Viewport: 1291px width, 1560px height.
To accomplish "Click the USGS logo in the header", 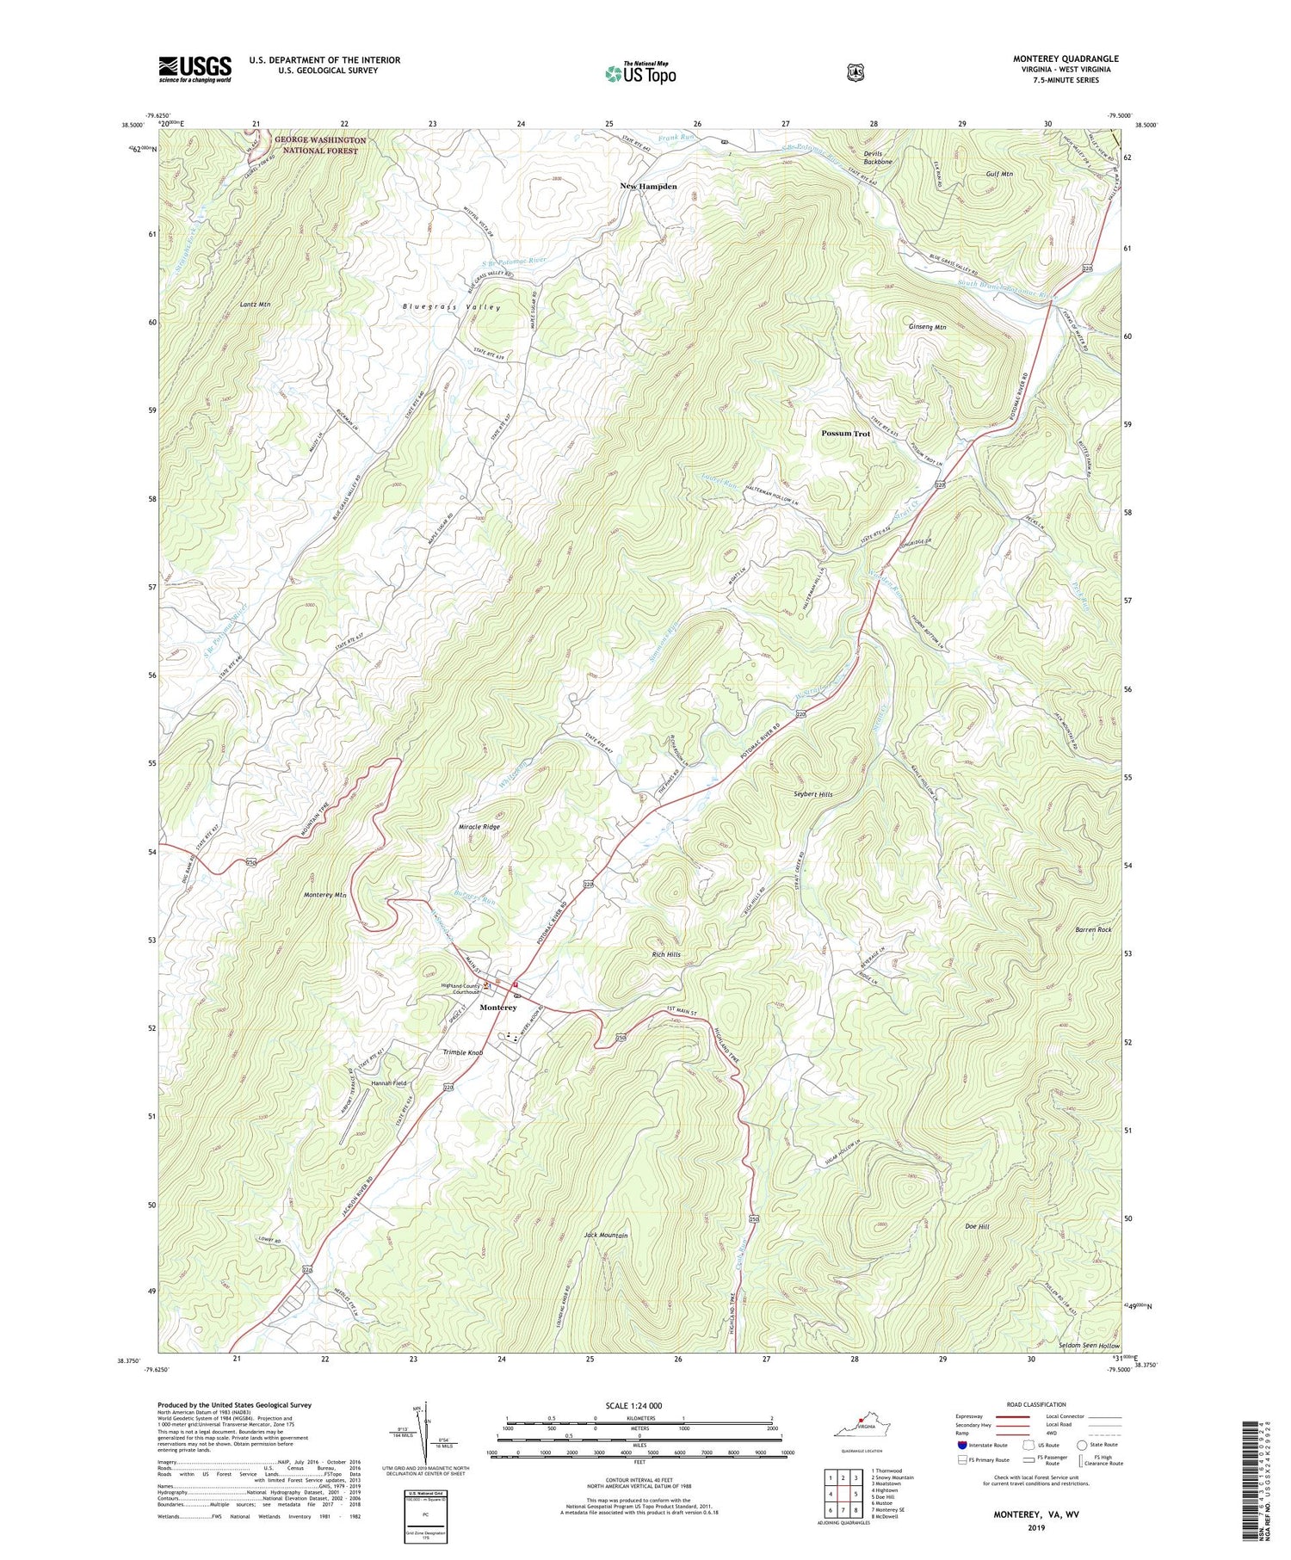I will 195,69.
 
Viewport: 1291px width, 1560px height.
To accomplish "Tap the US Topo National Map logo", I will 640,73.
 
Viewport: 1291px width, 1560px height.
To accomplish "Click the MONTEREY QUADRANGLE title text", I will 1066,59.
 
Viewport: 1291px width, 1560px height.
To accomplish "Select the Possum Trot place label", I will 845,434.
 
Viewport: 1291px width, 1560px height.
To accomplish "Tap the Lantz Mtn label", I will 255,305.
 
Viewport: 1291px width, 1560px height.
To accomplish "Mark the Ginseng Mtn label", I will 927,327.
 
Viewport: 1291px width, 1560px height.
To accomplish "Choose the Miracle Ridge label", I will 479,827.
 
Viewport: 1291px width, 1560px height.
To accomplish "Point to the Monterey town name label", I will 498,1008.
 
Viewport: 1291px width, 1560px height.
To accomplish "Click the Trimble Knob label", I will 463,1053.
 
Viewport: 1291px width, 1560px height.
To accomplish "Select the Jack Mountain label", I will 606,1236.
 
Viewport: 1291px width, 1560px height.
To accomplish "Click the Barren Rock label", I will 1093,930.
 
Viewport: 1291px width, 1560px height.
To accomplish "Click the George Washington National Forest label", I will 320,145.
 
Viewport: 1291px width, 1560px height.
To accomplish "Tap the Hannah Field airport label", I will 388,1083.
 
